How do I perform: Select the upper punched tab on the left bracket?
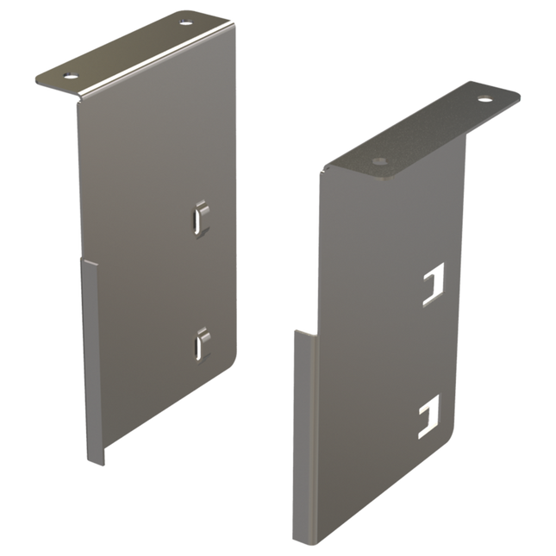[x=201, y=217]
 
